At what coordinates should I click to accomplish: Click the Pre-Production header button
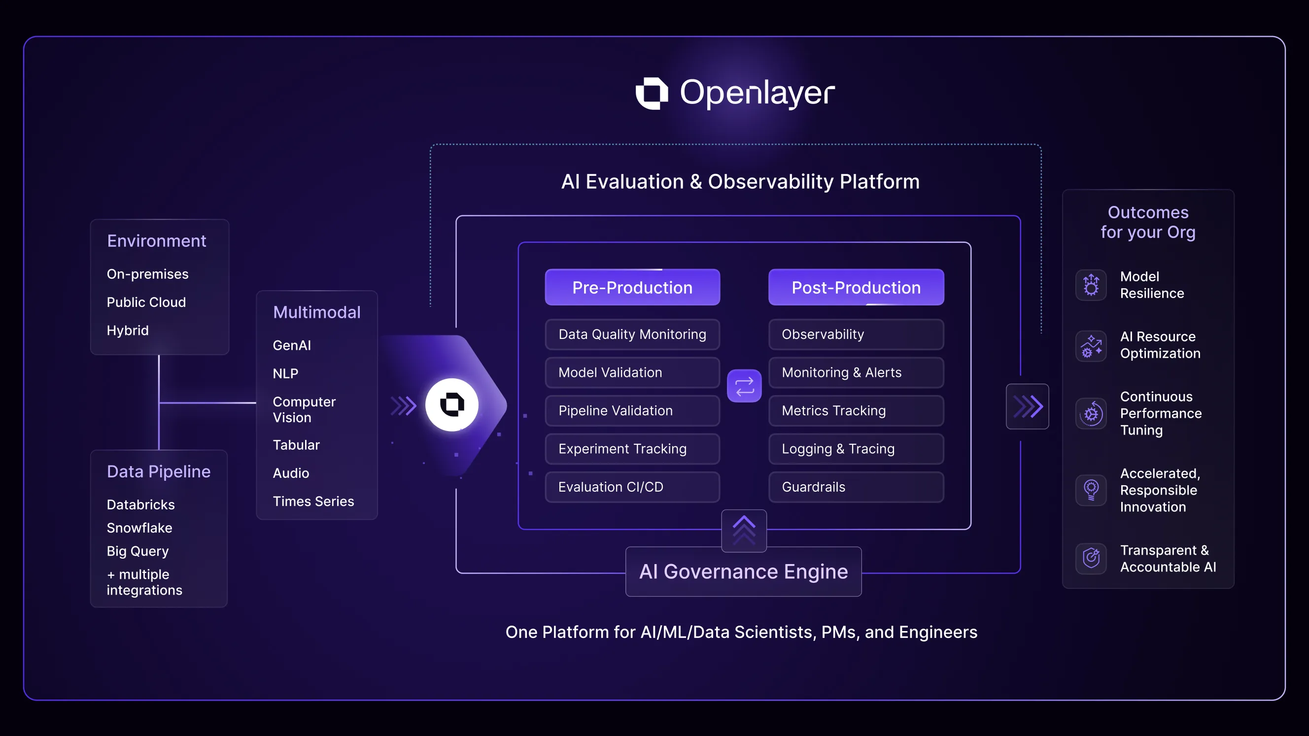632,288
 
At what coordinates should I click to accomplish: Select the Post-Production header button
856,288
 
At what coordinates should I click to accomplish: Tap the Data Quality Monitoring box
632,334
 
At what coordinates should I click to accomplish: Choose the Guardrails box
856,487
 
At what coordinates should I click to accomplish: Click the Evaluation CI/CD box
632,487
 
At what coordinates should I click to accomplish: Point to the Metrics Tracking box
856,410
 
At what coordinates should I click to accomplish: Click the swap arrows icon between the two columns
744,386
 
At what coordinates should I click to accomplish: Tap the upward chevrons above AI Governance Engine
744,530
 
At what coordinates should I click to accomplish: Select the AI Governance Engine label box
743,571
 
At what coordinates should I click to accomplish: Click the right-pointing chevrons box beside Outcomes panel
1027,406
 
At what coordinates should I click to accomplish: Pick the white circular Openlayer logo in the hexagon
452,405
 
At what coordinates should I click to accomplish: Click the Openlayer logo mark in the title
652,93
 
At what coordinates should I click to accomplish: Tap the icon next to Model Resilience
1091,285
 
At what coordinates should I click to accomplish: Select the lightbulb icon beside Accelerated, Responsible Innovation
1091,490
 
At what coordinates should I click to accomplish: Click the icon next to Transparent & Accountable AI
1091,558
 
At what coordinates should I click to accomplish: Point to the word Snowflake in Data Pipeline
139,528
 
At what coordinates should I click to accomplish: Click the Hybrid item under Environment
128,331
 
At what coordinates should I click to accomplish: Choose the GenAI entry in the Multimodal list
292,345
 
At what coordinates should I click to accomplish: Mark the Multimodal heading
316,312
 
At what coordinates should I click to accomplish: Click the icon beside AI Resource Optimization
1091,345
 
